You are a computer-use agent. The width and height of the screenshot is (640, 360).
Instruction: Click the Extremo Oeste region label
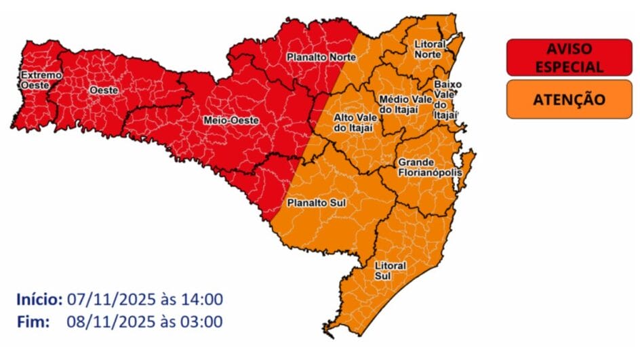pyautogui.click(x=41, y=79)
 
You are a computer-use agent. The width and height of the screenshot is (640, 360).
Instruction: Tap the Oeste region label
pyautogui.click(x=104, y=89)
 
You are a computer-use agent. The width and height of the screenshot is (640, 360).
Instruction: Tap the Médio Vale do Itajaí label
pyautogui.click(x=406, y=104)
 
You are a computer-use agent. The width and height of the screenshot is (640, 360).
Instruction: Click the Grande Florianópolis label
pyautogui.click(x=429, y=167)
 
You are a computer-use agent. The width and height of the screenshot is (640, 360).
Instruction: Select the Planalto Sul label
pyautogui.click(x=313, y=202)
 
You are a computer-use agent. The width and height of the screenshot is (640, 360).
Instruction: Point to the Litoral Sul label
pyautogui.click(x=389, y=270)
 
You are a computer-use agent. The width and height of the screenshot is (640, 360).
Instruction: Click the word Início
pyautogui.click(x=39, y=300)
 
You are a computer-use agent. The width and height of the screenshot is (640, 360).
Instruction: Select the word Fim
pyautogui.click(x=34, y=321)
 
